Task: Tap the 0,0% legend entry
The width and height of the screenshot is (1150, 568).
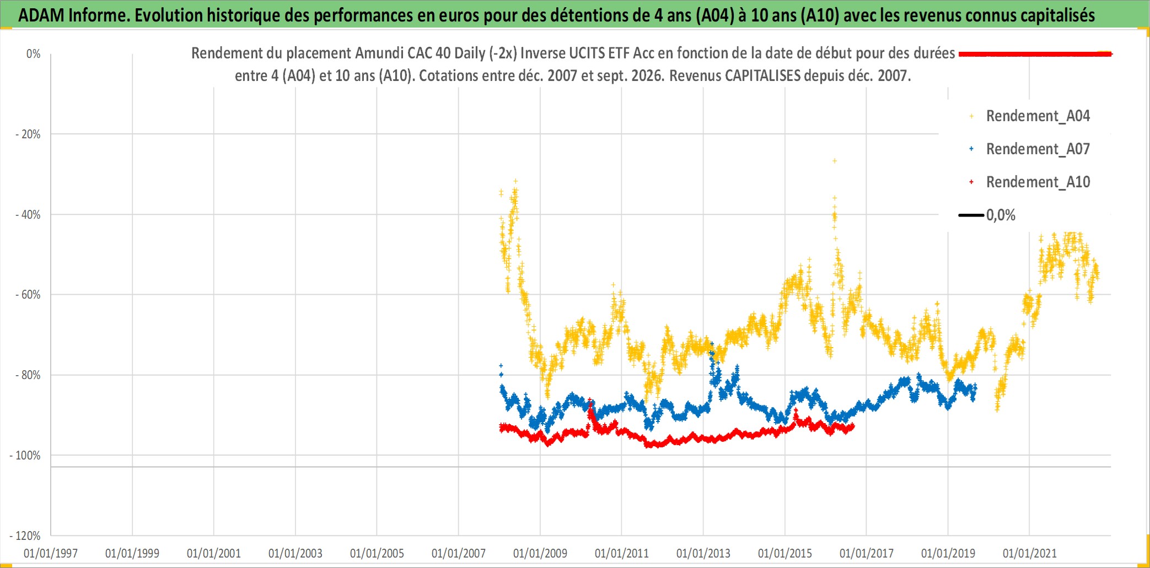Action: point(987,215)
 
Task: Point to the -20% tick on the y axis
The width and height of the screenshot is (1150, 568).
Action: point(28,134)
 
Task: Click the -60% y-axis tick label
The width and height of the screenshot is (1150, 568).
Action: point(28,295)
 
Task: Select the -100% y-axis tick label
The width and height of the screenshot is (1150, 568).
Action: point(25,456)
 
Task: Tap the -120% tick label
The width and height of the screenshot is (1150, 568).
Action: point(25,536)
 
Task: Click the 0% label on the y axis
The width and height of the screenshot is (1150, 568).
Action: point(34,54)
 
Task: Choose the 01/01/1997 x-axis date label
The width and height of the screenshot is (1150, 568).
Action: point(51,553)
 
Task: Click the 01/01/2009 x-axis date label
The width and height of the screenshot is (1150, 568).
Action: point(540,553)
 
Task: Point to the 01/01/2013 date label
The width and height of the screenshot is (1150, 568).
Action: point(703,553)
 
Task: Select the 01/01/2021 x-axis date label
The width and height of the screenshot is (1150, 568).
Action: point(1030,553)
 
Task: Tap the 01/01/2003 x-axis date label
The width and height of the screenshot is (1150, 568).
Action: point(295,553)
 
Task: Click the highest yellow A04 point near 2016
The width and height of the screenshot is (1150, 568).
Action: point(835,161)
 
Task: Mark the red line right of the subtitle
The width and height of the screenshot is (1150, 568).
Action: point(1035,54)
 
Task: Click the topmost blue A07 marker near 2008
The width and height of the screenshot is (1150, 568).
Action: point(501,365)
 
